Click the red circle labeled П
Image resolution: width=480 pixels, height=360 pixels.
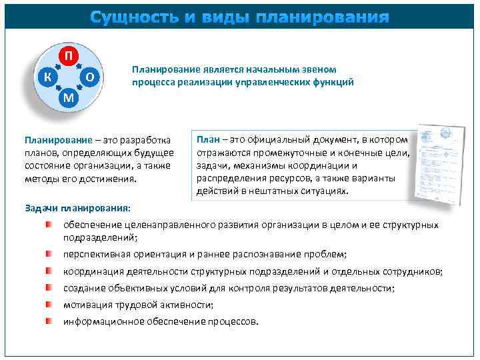(x=69, y=55)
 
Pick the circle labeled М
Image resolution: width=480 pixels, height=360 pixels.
(x=69, y=99)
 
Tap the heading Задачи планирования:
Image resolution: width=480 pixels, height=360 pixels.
(x=77, y=208)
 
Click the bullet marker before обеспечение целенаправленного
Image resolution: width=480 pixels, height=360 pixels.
(x=49, y=225)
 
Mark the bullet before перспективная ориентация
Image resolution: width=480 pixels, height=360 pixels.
(x=49, y=255)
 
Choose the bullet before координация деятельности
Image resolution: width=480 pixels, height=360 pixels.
(x=49, y=271)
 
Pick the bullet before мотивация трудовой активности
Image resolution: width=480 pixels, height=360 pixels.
(x=49, y=305)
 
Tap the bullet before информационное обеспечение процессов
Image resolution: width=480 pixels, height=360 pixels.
(x=49, y=321)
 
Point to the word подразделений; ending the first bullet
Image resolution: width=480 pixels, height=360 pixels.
(x=101, y=237)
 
